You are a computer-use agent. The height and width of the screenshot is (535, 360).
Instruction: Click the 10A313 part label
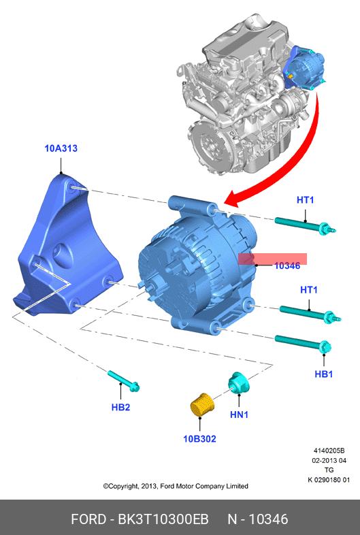[x=61, y=148]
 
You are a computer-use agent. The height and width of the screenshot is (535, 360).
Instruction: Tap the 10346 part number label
[x=287, y=265]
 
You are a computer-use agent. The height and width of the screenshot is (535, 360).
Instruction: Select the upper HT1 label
[x=306, y=199]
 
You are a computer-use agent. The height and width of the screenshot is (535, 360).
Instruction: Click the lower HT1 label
[x=309, y=290]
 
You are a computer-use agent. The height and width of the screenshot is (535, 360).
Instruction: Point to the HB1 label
[x=323, y=374]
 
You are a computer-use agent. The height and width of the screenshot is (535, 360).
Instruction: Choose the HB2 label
[x=121, y=407]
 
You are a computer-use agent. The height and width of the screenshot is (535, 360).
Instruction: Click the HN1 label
[x=239, y=415]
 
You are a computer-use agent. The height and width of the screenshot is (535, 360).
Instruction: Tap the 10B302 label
[x=199, y=438]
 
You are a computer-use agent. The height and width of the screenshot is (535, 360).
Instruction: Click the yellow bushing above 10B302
[x=201, y=405]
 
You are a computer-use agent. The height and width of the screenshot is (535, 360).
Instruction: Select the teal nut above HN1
[x=239, y=383]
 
